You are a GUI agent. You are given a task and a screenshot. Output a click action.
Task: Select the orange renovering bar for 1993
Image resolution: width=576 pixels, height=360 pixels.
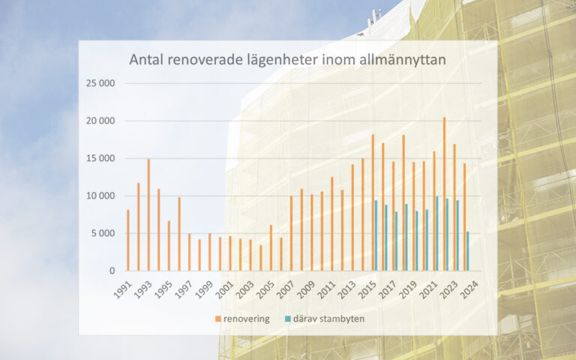click(148, 214)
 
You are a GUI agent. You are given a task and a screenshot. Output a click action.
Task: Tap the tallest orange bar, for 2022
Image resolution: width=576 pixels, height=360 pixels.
click(444, 193)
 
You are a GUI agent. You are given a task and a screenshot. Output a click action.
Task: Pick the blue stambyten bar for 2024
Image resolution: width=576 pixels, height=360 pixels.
click(467, 251)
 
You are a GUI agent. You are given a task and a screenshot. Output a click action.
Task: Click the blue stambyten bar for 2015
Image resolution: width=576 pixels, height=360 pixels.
click(376, 235)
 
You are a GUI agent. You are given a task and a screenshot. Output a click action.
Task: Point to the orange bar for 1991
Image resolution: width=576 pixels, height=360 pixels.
click(128, 240)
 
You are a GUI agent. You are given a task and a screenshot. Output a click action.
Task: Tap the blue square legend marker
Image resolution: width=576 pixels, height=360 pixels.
click(288, 319)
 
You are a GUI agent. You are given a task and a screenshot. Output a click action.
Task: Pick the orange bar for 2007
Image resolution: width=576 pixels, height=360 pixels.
click(291, 233)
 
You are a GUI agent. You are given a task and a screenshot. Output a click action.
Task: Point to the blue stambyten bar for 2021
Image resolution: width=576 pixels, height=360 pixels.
click(437, 233)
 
